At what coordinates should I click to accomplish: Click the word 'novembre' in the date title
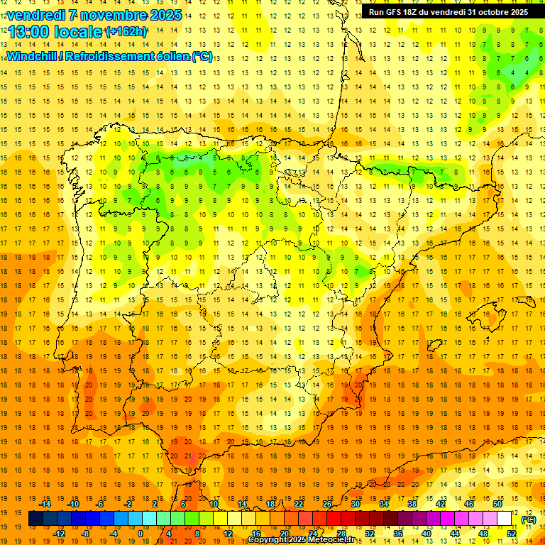pos(108,15)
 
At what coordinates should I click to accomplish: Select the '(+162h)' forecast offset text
pos(126,32)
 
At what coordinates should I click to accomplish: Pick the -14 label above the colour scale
pos(45,504)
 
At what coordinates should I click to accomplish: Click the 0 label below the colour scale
pos(141,534)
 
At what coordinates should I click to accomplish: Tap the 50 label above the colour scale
pos(498,504)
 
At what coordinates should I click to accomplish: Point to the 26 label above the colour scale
pos(327,504)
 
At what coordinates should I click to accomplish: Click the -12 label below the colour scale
pos(60,534)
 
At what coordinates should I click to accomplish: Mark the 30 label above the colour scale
pos(356,504)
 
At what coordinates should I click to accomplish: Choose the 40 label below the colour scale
pos(426,534)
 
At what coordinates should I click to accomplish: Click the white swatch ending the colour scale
pos(505,519)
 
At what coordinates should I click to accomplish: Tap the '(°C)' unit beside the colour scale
pos(529,519)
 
